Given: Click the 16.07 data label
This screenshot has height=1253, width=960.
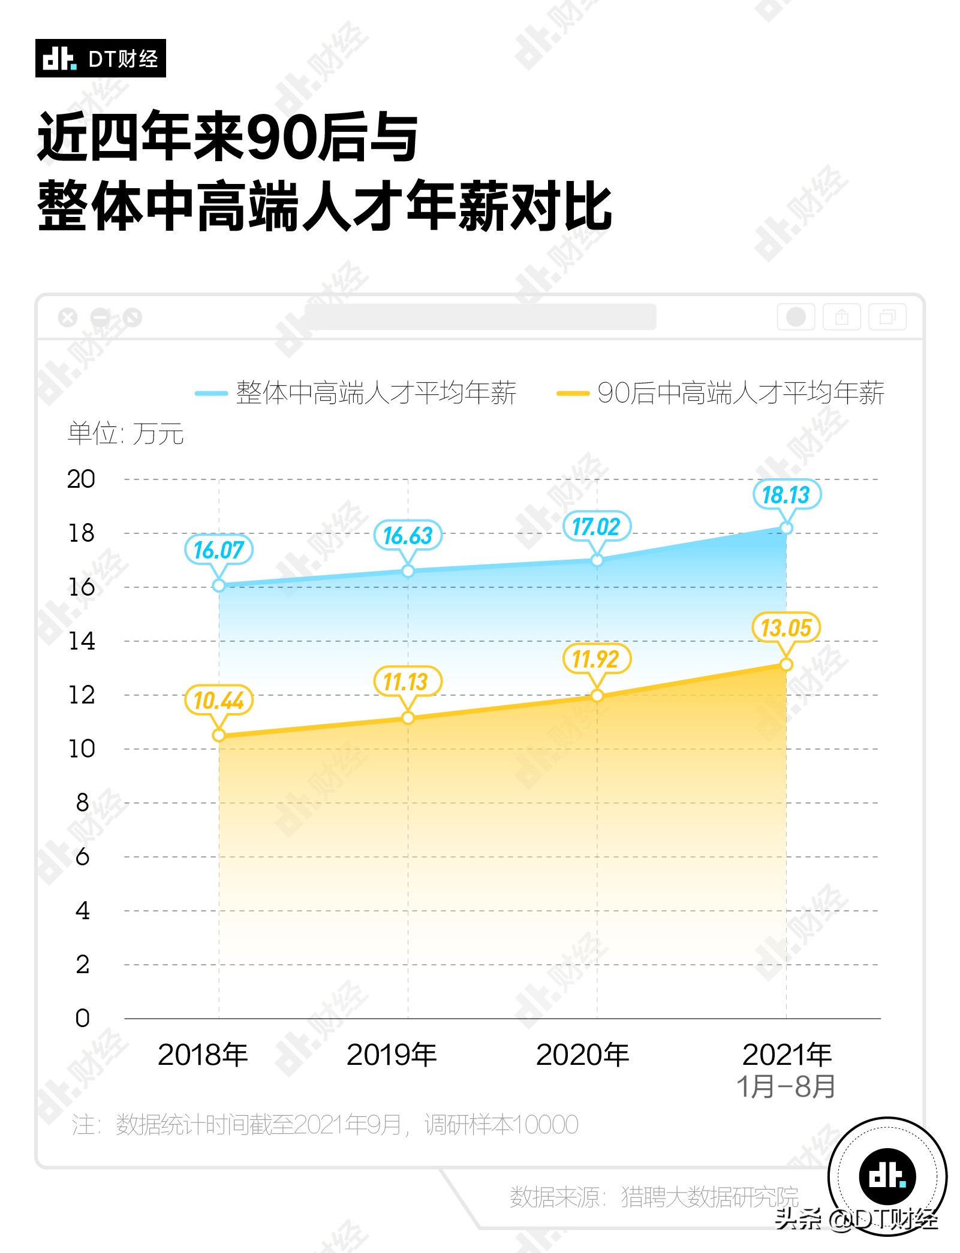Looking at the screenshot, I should [x=218, y=549].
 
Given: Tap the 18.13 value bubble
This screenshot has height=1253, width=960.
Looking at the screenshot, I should [x=786, y=494].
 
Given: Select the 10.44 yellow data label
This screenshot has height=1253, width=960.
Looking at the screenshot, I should [x=218, y=700].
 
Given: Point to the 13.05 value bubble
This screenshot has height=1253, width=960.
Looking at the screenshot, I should [x=786, y=628].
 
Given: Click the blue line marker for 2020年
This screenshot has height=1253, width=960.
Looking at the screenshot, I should [x=597, y=560].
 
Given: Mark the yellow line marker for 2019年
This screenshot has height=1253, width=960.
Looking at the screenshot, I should [x=408, y=718].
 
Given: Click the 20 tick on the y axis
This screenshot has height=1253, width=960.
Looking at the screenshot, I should [x=81, y=479].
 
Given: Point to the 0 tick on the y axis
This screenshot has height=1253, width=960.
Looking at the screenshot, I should [x=82, y=1018].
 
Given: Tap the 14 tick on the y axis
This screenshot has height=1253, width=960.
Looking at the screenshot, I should [x=81, y=641].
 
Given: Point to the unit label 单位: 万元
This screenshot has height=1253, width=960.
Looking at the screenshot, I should [x=125, y=433].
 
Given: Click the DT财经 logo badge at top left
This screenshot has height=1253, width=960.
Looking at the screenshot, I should [x=100, y=58].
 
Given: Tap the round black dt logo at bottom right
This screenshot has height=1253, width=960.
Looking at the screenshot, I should [x=887, y=1176].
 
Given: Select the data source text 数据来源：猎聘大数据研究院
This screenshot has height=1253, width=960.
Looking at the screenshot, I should [x=654, y=1197].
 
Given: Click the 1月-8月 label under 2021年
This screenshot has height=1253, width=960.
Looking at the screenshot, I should [x=786, y=1086].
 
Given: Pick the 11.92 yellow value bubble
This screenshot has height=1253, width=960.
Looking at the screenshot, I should [x=596, y=659].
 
